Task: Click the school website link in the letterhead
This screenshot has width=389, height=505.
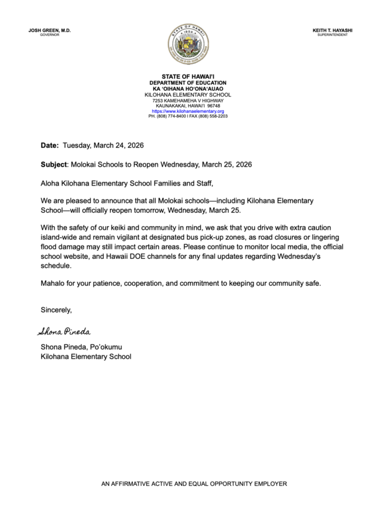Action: click(188, 111)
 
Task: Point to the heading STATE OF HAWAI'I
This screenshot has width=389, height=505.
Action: click(188, 76)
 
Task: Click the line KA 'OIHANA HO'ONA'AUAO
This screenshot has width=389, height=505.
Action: click(188, 88)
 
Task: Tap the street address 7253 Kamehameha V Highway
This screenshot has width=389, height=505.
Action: click(188, 100)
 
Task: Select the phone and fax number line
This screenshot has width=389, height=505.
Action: click(188, 117)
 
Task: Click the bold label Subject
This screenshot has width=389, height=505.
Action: click(55, 164)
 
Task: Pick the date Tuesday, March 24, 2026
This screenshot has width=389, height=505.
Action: click(103, 145)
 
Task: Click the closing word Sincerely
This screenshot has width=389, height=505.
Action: click(56, 310)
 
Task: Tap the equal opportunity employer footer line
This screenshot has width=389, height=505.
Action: click(194, 484)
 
